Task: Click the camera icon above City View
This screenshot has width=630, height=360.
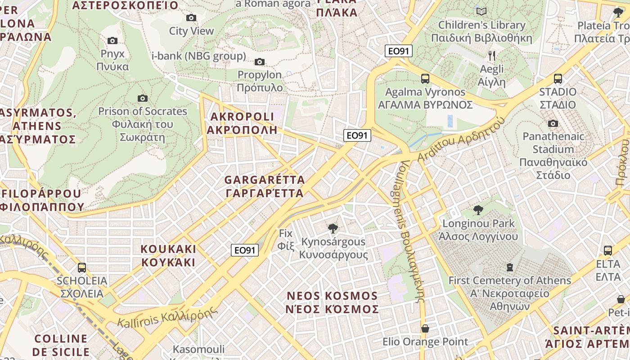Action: click(x=191, y=18)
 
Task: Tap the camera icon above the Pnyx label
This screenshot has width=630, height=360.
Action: click(x=112, y=41)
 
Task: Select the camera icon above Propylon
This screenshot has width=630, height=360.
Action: click(x=260, y=62)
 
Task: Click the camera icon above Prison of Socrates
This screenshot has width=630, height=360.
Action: click(x=143, y=98)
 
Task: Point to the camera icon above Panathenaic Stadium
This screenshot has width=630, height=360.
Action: click(x=553, y=123)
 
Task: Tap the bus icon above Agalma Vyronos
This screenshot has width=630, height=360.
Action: click(x=425, y=79)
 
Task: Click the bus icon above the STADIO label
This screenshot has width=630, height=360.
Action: click(x=558, y=79)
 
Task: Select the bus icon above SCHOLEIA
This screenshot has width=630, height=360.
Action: click(x=82, y=268)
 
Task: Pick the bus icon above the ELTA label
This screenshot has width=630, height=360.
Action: click(x=608, y=251)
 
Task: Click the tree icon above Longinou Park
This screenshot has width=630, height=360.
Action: click(x=478, y=210)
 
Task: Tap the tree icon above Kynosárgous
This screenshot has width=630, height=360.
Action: click(x=333, y=229)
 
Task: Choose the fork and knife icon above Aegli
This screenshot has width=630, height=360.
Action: click(x=492, y=56)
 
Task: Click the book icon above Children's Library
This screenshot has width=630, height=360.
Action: click(x=481, y=11)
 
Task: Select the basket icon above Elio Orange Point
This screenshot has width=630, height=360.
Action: click(x=425, y=329)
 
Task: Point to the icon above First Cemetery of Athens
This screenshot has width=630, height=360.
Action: click(x=509, y=267)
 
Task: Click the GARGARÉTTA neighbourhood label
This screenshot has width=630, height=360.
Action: click(x=265, y=186)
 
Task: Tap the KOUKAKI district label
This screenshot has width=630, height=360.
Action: click(x=168, y=256)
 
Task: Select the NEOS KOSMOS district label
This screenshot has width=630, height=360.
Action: click(x=333, y=302)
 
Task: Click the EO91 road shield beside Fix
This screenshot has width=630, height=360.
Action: click(x=245, y=250)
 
